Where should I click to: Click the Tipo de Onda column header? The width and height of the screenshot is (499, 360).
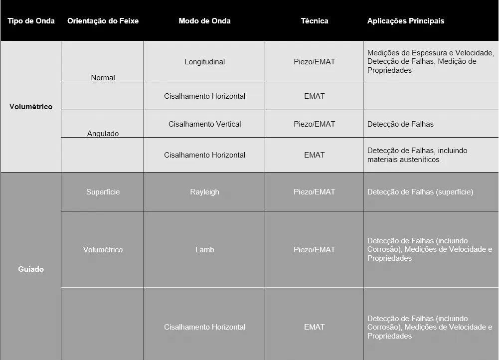31,21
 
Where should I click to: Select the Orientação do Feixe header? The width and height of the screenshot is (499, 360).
103,21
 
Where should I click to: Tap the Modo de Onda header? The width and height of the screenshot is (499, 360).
204,21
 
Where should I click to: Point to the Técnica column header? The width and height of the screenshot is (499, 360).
315,21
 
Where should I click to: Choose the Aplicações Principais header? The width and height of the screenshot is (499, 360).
405,21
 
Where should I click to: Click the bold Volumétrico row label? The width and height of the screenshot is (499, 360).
31,107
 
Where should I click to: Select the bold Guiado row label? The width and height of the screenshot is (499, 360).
31,269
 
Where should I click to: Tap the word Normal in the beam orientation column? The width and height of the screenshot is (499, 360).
103,78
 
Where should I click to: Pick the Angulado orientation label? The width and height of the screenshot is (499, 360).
103,134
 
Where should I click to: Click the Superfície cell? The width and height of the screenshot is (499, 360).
103,192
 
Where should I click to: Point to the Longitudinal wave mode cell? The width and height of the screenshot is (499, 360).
204,62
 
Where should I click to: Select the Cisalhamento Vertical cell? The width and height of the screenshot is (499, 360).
204,124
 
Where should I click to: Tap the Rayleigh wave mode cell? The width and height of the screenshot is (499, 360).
204,192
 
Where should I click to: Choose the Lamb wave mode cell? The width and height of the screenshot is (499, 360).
204,249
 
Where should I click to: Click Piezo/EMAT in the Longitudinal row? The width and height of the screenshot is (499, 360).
315,62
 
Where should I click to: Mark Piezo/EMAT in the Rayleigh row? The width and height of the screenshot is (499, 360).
315,192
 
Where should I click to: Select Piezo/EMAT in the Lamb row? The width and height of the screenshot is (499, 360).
315,249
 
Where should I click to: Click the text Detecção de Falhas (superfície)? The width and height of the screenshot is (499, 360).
420,192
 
